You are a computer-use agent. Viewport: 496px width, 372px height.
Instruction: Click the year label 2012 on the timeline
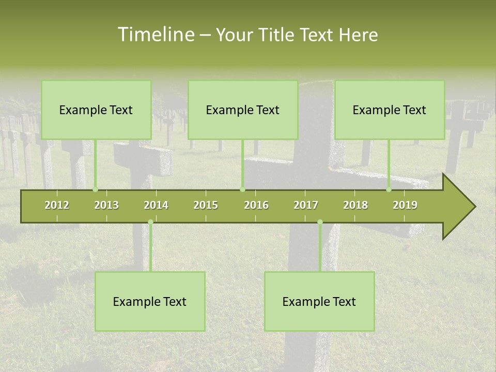click(x=57, y=205)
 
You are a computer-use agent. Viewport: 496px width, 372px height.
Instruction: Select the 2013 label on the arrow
click(x=106, y=205)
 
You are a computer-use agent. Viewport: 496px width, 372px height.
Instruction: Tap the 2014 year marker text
click(x=156, y=205)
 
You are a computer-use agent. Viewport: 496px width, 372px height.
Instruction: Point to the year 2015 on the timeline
click(x=206, y=205)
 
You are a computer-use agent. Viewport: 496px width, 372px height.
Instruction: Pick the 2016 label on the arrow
click(x=256, y=205)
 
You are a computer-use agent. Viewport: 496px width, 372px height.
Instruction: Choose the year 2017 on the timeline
click(x=306, y=205)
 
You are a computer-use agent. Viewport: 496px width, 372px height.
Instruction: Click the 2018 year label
click(x=355, y=205)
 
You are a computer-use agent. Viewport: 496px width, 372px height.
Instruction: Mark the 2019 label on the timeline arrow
click(x=405, y=205)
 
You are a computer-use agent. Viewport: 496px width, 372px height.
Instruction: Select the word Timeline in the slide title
click(x=156, y=35)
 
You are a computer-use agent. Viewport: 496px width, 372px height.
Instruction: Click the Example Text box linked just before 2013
click(x=96, y=110)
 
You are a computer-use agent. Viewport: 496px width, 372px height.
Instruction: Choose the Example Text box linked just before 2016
click(x=243, y=110)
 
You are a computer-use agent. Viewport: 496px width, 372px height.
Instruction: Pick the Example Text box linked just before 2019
click(x=390, y=110)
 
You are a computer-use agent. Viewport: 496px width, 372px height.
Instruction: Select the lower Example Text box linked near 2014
click(x=150, y=301)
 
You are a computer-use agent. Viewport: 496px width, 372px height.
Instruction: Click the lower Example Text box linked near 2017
click(x=319, y=301)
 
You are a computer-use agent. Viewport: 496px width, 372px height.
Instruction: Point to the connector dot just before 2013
click(x=95, y=190)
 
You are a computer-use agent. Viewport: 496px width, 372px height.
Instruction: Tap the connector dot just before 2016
click(x=242, y=190)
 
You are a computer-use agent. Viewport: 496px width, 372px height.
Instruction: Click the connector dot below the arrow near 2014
click(x=150, y=222)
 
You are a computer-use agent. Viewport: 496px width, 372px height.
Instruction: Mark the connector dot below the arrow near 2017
click(x=320, y=222)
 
